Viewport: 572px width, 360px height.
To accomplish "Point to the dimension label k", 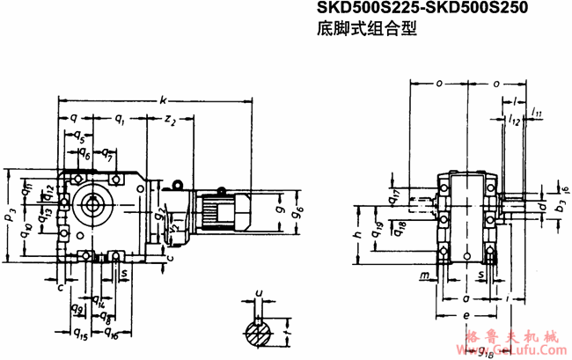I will click(x=164, y=100).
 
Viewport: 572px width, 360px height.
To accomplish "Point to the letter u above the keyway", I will click(x=258, y=291).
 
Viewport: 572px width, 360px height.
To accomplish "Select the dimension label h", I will click(x=359, y=236).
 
